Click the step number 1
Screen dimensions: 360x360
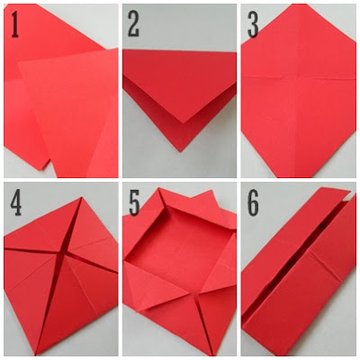(14, 25)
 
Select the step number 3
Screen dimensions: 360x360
(253, 24)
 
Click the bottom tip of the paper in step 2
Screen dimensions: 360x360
(180, 152)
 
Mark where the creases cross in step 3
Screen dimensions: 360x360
(298, 77)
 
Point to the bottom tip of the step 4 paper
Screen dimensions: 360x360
(36, 355)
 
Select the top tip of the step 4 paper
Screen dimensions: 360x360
(81, 197)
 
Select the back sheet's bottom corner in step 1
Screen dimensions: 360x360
(41, 170)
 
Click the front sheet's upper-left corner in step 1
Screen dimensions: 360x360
(19, 63)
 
